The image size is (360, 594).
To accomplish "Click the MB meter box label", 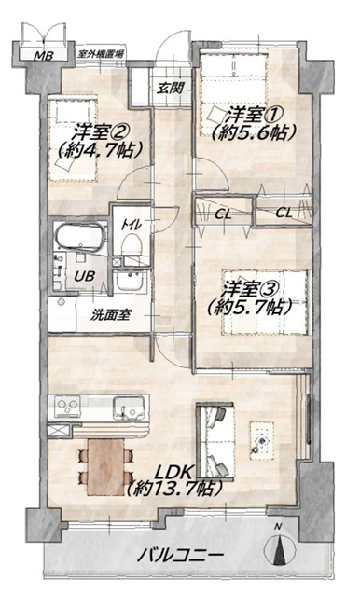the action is pos(44,56).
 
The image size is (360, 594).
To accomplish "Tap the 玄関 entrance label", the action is pos(171,89).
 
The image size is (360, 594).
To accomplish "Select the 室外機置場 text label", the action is pos(101,54).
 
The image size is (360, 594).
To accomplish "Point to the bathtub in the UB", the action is pos(80,238).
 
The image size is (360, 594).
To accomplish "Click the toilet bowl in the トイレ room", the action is pos(132,245).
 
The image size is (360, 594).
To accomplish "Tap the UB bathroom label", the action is pos(84,276).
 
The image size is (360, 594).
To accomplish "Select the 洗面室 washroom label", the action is pos(110,315).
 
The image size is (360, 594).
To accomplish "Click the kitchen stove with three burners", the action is pos(67,407).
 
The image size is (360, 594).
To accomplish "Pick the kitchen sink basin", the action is pos(128,408).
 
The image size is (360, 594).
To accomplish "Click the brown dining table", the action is pos(105,467).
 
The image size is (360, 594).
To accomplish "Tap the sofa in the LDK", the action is pos(215,441).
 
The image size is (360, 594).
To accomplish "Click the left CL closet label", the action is pos(223,214).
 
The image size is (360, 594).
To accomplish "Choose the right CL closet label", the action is pos(284,213).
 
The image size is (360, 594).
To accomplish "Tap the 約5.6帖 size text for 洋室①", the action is pos(254,132).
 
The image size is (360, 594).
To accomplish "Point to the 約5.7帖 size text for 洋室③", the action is pos(250,308).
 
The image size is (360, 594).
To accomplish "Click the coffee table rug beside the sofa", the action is pos(261,440).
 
